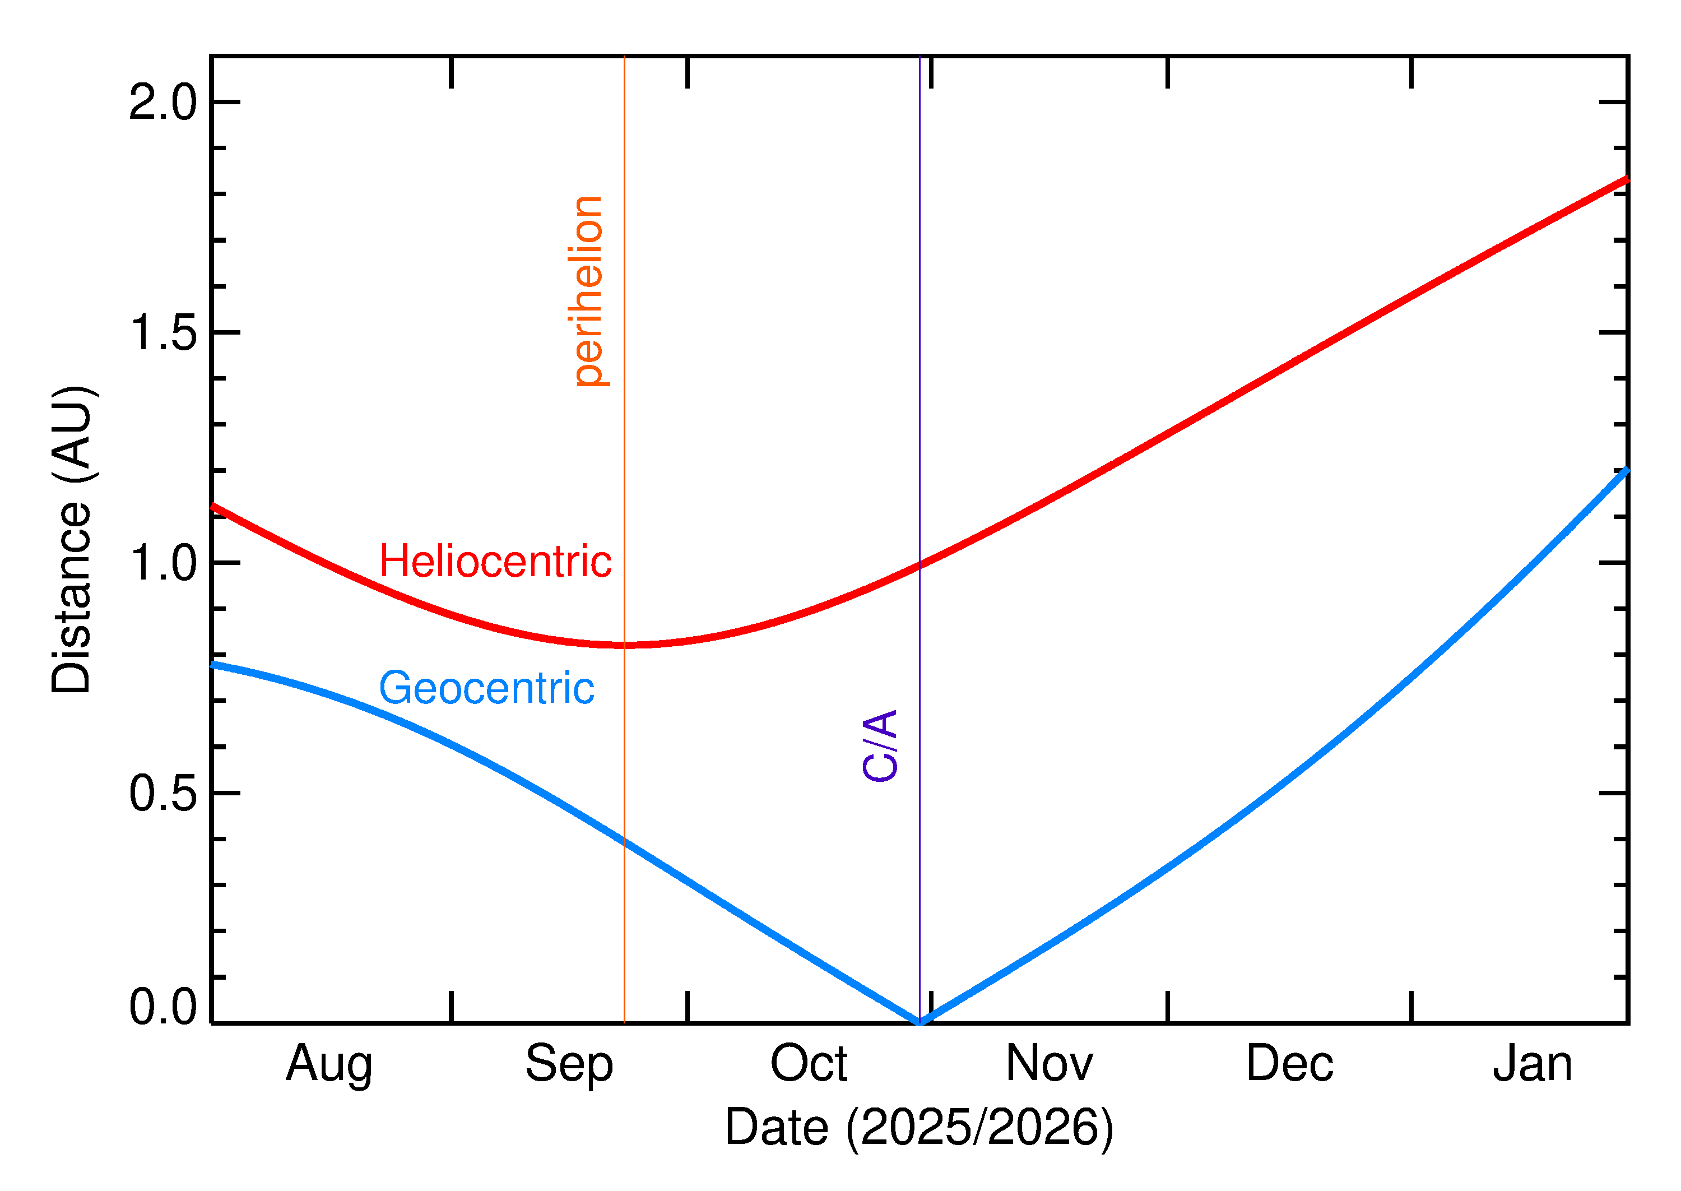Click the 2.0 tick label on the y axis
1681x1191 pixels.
click(162, 102)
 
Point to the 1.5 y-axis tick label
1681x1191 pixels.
click(162, 333)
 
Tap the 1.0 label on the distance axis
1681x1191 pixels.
click(162, 563)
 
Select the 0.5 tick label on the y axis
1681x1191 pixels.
click(162, 794)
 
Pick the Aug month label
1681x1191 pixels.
click(329, 1064)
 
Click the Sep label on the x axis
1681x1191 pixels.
click(569, 1064)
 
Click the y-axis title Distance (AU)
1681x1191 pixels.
click(72, 539)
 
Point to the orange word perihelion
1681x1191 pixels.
click(588, 291)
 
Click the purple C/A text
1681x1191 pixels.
click(880, 746)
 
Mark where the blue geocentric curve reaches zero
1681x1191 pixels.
click(920, 1022)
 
